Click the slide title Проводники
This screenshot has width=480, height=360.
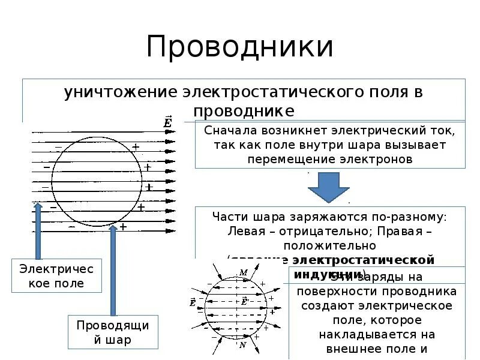(239, 47)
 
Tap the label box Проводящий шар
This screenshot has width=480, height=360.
(113, 332)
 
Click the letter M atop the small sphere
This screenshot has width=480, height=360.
(243, 273)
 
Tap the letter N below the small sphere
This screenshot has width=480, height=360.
(242, 345)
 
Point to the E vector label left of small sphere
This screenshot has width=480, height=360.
(193, 302)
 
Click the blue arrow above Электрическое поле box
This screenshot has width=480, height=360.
(38, 231)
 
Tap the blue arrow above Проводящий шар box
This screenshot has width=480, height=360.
(113, 270)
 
